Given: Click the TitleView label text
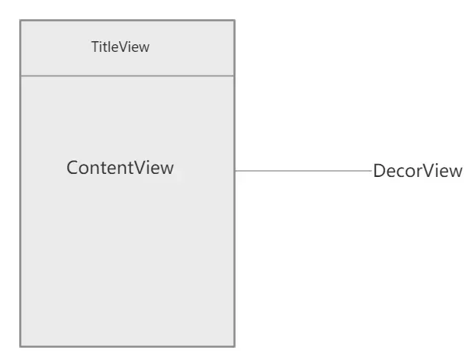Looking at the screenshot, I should click(120, 47).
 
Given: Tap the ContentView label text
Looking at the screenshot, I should click(120, 168).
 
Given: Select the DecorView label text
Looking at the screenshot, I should click(418, 171).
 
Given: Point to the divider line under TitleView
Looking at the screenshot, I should click(127, 76).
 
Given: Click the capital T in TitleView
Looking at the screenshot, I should click(95, 47).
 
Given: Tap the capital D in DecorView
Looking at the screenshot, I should click(378, 171).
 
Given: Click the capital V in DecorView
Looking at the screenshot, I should click(428, 171).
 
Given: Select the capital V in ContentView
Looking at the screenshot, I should click(140, 168).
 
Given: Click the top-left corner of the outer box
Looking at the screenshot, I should click(21, 21).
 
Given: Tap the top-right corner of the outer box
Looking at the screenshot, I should click(234, 21).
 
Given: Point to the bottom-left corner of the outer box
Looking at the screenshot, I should click(21, 346).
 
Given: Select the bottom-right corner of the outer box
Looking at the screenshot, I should click(234, 346).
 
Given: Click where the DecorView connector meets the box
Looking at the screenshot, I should click(235, 171).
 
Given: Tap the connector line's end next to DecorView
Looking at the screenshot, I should click(371, 171).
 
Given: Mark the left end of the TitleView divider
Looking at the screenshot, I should click(21, 76).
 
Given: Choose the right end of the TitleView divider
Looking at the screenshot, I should click(233, 76).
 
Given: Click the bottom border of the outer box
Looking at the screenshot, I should click(127, 346).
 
